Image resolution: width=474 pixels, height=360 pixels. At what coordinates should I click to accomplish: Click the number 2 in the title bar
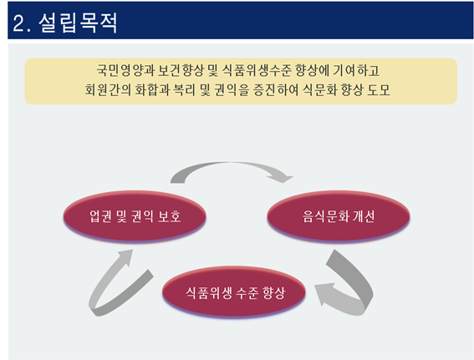[18, 23]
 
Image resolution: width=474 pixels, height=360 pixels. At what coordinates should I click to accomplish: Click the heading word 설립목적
[78, 23]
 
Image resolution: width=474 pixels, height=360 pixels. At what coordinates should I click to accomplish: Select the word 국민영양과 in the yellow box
[125, 70]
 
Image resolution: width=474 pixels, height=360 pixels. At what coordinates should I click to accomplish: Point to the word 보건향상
[181, 70]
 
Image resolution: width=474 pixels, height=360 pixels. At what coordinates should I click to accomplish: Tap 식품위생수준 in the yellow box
[257, 70]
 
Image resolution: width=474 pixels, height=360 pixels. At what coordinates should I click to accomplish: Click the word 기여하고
[356, 70]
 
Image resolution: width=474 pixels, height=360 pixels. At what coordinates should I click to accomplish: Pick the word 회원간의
[108, 89]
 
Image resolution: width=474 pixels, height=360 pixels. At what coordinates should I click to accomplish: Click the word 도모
[379, 89]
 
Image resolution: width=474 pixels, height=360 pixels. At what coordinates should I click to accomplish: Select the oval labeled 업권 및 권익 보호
[135, 216]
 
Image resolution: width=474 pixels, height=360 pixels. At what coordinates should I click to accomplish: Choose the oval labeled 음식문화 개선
[339, 216]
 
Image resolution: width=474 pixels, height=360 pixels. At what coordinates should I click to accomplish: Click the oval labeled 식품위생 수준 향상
[234, 292]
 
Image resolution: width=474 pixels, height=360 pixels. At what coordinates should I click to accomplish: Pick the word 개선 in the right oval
[364, 216]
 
